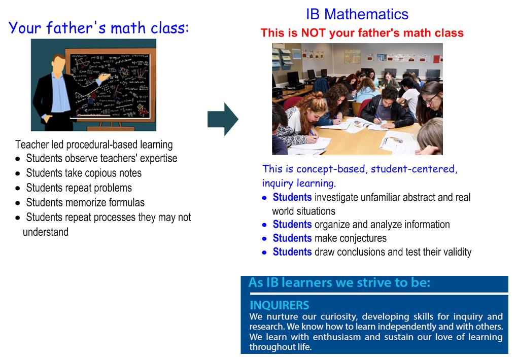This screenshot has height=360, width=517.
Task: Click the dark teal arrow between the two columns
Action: coord(223,119)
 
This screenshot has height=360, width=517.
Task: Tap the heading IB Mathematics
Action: coord(357,14)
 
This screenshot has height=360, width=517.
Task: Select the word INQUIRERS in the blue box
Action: coord(279,305)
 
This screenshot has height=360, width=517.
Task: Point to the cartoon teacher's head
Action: coord(59,64)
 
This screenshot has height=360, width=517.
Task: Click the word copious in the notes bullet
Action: coord(106,173)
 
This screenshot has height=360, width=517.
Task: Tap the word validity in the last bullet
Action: coord(457,252)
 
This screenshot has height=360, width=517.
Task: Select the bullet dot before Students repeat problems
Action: coord(18,189)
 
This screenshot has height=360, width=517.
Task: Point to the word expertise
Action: coord(158,159)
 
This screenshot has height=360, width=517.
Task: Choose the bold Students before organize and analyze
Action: coord(292,225)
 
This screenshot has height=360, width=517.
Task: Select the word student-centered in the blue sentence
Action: coord(414,169)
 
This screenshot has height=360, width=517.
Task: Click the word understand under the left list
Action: coord(46,232)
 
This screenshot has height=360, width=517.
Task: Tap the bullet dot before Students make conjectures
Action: coord(264,239)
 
